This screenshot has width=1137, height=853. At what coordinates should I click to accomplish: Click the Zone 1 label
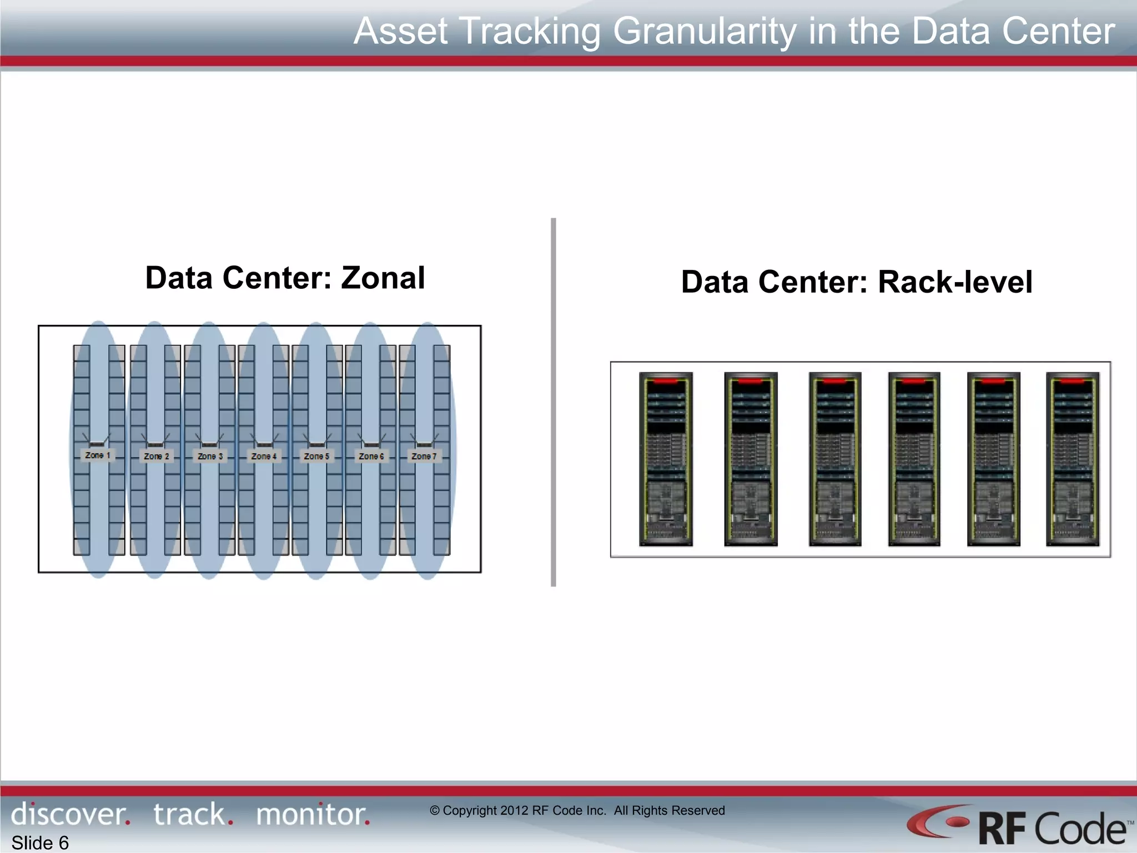point(98,455)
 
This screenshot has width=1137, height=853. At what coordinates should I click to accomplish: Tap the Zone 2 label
point(156,456)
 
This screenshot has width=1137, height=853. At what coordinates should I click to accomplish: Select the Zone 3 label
point(210,456)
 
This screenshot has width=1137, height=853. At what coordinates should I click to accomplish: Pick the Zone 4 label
point(264,456)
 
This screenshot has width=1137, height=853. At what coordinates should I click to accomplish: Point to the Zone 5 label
point(316,456)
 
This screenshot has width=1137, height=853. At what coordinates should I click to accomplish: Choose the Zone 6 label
point(371,456)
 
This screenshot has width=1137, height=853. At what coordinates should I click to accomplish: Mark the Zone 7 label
point(424,456)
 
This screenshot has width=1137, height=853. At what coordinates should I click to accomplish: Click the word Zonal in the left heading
point(383,278)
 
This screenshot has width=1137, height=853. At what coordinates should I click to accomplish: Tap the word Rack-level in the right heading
point(955,282)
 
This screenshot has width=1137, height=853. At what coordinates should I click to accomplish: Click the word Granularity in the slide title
point(705,31)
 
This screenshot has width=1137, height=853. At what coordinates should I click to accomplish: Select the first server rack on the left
point(666,459)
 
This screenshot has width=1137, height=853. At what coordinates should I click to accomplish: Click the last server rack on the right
point(1073,459)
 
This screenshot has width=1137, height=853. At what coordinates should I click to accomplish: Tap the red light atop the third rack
point(835,382)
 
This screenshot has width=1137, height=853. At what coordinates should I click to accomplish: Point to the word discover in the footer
point(70,814)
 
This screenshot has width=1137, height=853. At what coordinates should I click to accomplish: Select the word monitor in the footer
point(313,814)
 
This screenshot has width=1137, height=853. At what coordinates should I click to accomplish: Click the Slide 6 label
point(40,843)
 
